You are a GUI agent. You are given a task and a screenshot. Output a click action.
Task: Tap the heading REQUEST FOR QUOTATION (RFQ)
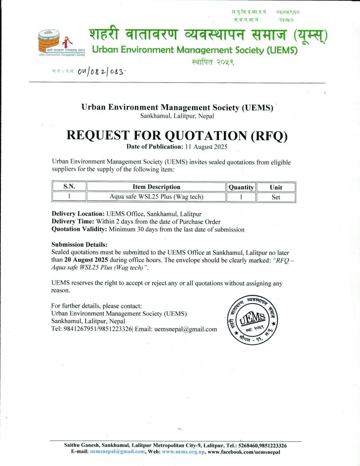pos(177,136)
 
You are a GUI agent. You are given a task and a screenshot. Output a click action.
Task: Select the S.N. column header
pos(69,187)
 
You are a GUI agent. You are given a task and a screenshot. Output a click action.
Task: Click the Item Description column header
pos(156,187)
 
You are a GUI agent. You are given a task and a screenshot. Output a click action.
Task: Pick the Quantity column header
pos(241,187)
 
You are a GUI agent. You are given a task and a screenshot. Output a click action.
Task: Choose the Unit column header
pos(276,187)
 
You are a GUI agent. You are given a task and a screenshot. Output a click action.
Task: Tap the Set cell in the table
pos(276,198)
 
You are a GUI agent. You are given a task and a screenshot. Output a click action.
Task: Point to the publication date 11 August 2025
pos(205,147)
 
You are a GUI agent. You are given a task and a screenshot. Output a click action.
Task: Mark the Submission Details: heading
pos(80,244)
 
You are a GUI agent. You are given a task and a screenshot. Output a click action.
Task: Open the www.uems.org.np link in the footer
pos(183,452)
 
